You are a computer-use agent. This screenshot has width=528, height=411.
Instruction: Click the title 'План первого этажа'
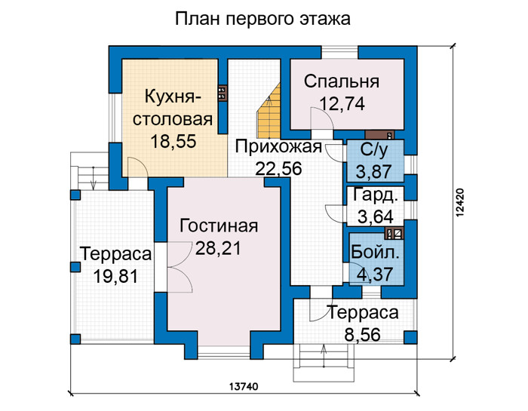click(262, 19)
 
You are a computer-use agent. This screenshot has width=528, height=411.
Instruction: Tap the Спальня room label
click(342, 81)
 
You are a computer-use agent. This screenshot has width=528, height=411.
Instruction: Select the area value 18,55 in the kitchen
click(173, 141)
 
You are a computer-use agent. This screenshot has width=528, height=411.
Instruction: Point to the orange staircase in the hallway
click(269, 111)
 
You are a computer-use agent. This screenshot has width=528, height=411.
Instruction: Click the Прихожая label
click(278, 147)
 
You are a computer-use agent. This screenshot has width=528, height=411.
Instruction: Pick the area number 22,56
click(278, 168)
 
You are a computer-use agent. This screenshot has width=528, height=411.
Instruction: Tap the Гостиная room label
click(219, 225)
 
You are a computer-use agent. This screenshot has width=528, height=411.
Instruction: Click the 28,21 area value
click(218, 248)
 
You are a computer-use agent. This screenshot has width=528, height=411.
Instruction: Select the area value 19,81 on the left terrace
click(115, 277)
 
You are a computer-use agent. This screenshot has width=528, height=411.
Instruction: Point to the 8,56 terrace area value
click(363, 335)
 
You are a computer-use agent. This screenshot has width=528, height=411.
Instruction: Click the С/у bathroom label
click(374, 150)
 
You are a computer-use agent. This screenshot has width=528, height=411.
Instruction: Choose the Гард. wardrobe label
click(374, 195)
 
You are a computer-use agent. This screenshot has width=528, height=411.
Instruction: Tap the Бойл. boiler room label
click(375, 253)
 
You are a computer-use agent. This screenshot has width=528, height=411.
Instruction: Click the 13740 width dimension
click(244, 387)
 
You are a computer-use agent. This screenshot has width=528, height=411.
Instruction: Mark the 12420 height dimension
click(459, 202)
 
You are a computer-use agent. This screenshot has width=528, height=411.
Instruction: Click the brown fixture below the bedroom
click(379, 135)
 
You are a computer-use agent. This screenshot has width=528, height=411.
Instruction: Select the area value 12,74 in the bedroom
click(342, 103)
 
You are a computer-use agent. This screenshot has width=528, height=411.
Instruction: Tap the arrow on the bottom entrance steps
click(324, 357)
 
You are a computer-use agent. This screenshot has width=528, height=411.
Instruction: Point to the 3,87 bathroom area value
click(374, 171)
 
